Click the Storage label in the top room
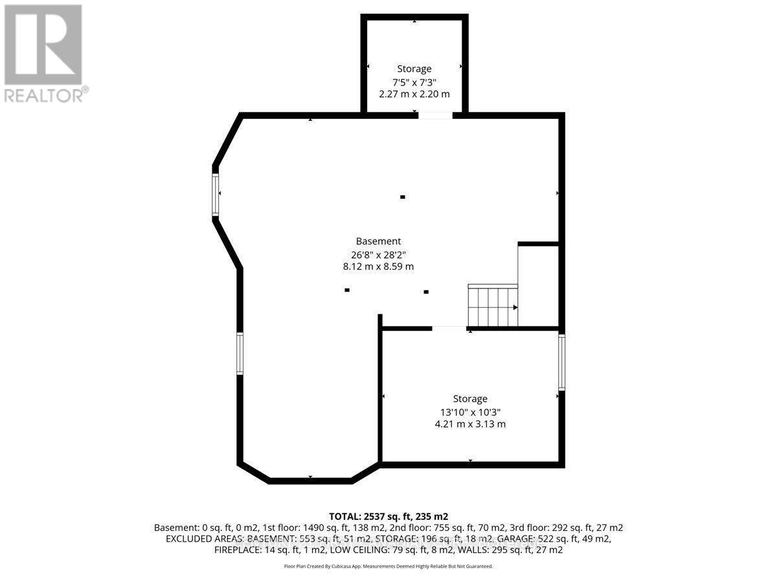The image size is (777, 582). pos(414,69)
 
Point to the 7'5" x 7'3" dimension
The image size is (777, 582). pos(414,81)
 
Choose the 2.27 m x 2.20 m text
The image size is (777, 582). pos(414,94)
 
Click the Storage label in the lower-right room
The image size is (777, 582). pos(469,399)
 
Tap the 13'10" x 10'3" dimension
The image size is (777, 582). pos(469,412)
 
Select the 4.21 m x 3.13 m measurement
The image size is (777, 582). pos(469,424)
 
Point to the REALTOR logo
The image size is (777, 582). pos(43,52)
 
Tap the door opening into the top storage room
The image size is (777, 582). pos(434,116)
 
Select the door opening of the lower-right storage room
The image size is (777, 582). pos(449,329)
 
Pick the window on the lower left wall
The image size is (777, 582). pos(240,353)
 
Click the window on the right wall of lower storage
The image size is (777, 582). pos(561,361)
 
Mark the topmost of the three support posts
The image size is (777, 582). pos(402,197)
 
